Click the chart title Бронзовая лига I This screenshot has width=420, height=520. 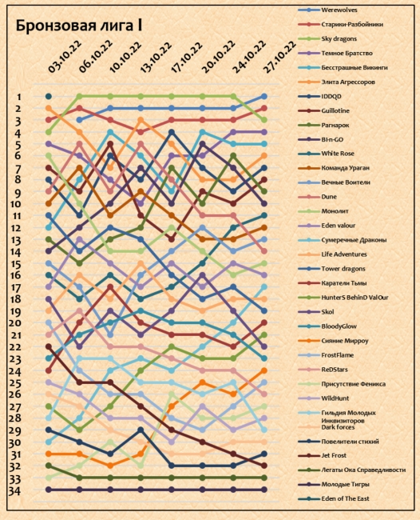click(x=79, y=26)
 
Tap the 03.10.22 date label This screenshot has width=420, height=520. click(x=65, y=56)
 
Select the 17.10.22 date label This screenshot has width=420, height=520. click(x=187, y=57)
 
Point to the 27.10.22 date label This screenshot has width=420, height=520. click(x=279, y=57)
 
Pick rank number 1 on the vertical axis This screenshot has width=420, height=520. click(x=19, y=97)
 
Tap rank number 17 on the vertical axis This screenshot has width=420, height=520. click(x=15, y=287)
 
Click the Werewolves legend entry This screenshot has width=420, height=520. click(x=339, y=10)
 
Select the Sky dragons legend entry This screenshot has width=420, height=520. click(x=339, y=39)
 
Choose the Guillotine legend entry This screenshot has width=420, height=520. click(x=335, y=110)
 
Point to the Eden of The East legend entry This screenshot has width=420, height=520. click(x=345, y=498)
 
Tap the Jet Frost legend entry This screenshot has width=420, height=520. click(x=334, y=456)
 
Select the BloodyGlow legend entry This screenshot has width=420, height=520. click(x=339, y=326)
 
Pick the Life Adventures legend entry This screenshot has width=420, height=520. click(x=344, y=254)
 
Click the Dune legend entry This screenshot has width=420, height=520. click(x=329, y=197)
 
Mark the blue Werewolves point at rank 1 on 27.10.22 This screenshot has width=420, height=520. click(x=264, y=97)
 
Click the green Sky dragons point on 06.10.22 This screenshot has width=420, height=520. click(x=79, y=97)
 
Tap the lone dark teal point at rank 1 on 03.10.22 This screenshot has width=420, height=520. click(x=49, y=97)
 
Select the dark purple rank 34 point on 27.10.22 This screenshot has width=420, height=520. click(x=264, y=490)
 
